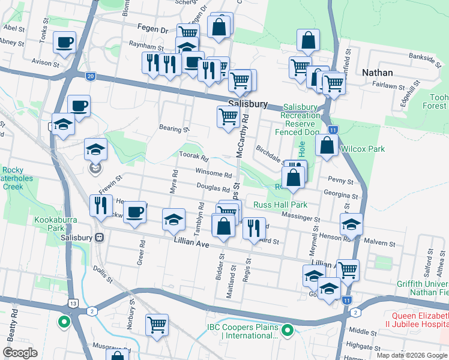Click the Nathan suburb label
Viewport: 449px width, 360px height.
378,73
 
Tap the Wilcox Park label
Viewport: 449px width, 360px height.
361,149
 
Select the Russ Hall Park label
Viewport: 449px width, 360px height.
280,205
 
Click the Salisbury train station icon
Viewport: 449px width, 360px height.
100,237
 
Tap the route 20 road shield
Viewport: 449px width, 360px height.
90,76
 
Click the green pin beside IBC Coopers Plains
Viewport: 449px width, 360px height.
288,330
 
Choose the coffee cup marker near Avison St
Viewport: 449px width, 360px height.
64,43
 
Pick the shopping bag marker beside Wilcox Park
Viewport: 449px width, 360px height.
327,146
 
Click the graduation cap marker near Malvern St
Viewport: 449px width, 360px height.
351,225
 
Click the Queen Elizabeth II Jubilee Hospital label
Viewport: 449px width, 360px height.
420,321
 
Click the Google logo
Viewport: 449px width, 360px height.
20,352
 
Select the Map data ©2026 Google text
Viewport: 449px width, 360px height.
411,355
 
